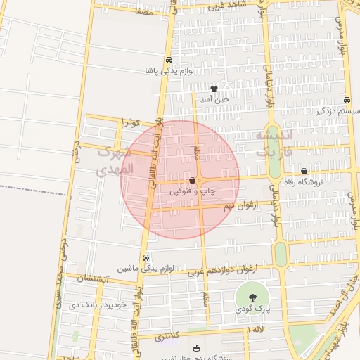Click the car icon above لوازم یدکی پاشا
click(x=169, y=60)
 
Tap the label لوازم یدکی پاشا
click(x=167, y=71)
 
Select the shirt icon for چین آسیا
click(x=214, y=89)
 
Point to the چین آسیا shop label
click(x=214, y=99)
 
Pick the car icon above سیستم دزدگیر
click(x=347, y=100)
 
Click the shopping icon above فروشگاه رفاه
click(x=304, y=171)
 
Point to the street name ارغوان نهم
click(x=237, y=206)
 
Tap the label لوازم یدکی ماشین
click(x=146, y=268)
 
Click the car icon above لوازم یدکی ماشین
click(x=146, y=257)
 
